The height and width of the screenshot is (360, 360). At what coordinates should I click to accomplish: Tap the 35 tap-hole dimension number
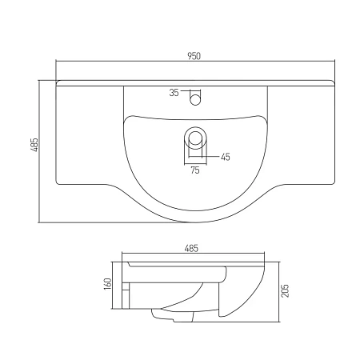coord(174,93)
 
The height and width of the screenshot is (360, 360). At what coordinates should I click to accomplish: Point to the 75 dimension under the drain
coord(194,170)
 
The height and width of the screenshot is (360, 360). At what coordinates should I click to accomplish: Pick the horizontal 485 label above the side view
coord(191,248)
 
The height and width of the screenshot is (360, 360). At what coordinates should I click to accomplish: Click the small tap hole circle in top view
coord(194,99)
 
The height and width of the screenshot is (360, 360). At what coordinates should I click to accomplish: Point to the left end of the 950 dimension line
coord(57,62)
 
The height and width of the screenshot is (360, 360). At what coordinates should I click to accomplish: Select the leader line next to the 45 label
coord(213,157)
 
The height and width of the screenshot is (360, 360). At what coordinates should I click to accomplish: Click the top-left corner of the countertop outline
coord(57,81)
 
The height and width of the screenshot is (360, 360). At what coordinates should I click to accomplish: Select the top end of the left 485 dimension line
coord(41,78)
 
